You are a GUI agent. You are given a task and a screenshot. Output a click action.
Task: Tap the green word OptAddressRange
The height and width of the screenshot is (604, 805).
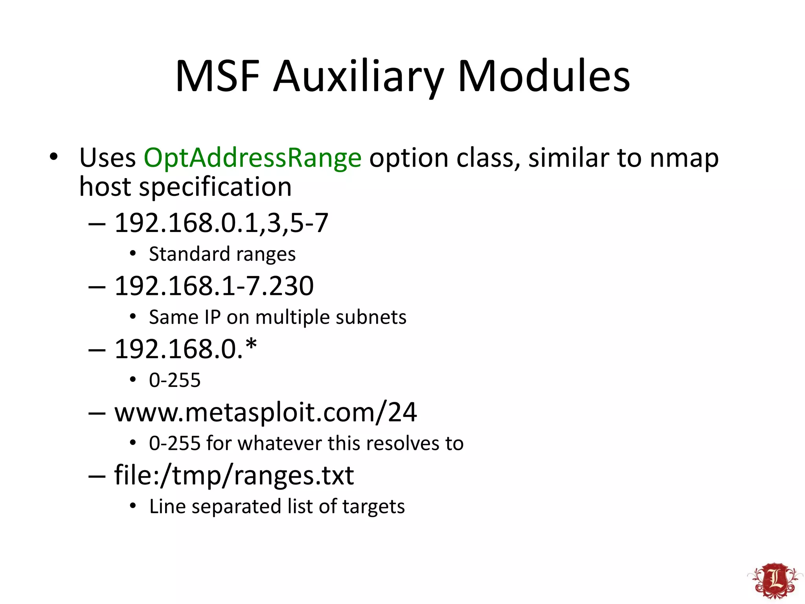click(x=252, y=158)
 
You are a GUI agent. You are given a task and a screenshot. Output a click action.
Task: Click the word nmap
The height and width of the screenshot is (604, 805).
click(x=684, y=158)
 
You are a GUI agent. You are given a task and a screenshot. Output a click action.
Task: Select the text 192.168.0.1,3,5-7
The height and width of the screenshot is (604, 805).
click(x=221, y=223)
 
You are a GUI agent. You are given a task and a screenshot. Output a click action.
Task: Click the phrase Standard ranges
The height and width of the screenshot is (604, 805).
click(x=222, y=254)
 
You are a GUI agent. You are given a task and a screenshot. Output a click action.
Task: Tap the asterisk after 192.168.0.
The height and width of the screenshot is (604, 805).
click(x=251, y=345)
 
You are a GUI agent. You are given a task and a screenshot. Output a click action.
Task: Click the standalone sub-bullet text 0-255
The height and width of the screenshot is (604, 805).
click(x=175, y=380)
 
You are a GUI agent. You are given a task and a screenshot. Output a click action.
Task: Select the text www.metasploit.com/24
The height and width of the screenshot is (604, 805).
click(x=265, y=412)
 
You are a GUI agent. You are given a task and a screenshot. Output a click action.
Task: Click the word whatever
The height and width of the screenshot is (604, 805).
click(x=279, y=443)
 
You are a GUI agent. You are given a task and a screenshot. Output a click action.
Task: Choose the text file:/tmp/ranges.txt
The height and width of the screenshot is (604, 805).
click(x=234, y=475)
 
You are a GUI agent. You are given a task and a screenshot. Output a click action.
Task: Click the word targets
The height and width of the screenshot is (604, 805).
click(x=373, y=506)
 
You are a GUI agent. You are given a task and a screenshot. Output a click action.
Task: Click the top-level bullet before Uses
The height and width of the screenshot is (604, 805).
click(x=53, y=157)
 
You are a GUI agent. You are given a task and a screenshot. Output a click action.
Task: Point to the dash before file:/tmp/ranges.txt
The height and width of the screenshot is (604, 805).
click(x=97, y=476)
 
